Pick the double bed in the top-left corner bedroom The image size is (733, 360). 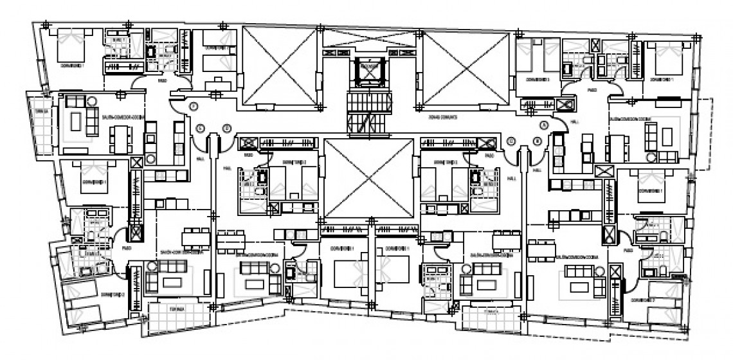[69, 45]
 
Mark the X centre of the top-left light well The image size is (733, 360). [280, 66]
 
